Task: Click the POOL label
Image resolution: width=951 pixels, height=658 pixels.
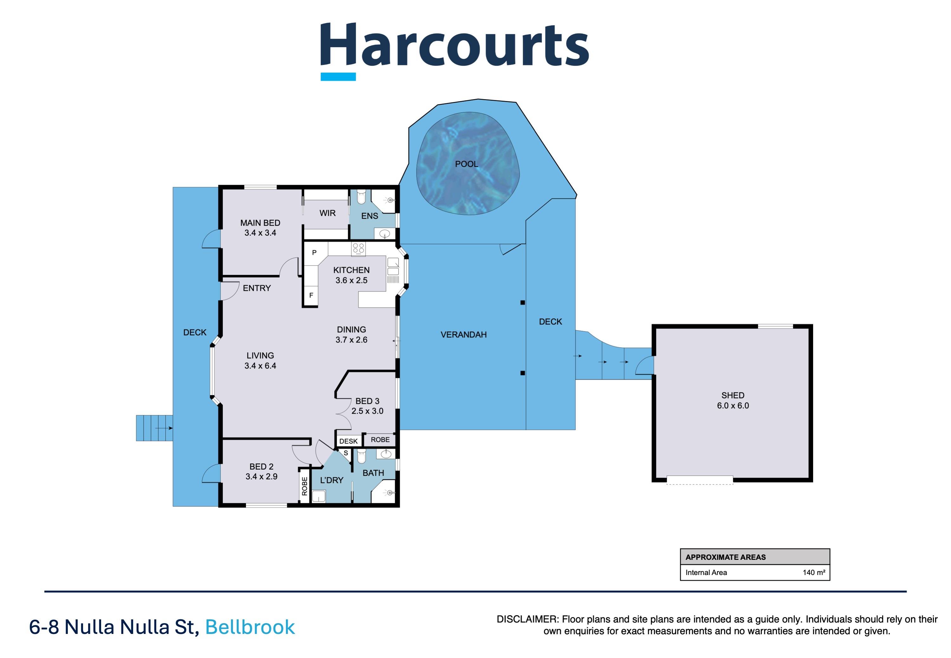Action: click(466, 164)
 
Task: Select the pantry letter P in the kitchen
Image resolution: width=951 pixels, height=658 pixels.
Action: click(314, 253)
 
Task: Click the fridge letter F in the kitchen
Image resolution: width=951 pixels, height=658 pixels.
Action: click(311, 295)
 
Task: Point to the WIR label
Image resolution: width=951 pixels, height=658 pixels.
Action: click(327, 213)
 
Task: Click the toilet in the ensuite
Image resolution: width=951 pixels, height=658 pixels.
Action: click(361, 197)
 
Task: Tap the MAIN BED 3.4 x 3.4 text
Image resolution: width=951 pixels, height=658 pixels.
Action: click(260, 227)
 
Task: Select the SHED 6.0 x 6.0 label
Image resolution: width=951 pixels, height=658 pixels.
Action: click(732, 400)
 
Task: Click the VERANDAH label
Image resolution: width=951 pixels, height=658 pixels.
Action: click(463, 335)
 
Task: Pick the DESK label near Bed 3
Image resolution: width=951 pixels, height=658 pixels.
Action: click(348, 441)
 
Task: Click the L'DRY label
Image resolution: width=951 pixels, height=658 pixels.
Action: click(331, 480)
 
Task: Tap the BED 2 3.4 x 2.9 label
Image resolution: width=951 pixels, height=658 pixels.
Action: click(261, 471)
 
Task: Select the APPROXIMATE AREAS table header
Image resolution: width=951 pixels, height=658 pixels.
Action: click(725, 557)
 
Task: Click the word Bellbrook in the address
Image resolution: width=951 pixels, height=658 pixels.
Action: click(249, 627)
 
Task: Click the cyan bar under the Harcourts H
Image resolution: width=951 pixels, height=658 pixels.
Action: click(338, 77)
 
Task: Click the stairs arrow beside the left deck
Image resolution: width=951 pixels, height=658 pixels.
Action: click(164, 428)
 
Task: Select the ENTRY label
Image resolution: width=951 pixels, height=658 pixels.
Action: click(257, 288)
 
